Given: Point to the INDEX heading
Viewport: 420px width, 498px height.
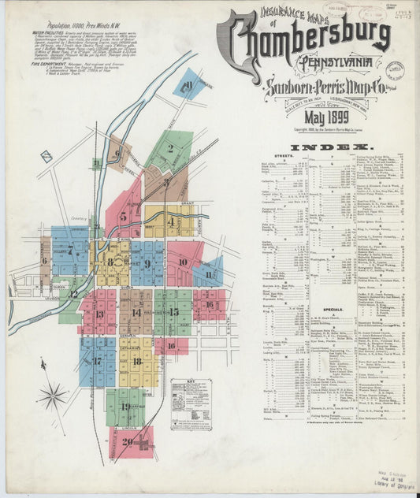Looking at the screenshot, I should coord(331,148).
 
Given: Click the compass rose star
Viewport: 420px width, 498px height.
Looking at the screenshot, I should coord(54,393).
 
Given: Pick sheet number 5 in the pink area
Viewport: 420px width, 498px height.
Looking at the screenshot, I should coord(123,214).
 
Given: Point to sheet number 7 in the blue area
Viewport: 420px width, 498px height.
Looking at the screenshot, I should coord(71,252).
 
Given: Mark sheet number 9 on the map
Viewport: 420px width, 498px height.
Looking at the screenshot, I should coord(147,263).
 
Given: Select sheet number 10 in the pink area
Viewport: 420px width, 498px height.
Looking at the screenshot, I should coord(182,262).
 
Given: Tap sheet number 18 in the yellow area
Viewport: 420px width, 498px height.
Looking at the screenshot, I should coord(137,362).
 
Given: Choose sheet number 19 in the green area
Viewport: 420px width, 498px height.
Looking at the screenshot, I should coord(125,407).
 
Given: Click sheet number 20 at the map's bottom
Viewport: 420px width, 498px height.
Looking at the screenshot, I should coord(128,441).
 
